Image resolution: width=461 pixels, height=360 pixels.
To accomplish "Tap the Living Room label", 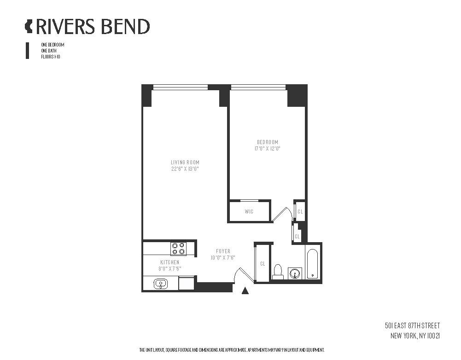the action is (185, 162).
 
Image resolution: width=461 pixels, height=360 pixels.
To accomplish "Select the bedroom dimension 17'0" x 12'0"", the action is (268, 148).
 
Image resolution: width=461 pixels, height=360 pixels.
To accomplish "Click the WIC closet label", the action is (249, 211).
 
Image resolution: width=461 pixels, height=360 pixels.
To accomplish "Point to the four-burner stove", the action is (179, 249).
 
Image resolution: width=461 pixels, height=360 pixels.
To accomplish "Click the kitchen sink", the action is (161, 284).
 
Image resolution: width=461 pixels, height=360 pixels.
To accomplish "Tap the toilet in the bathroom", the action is (278, 272).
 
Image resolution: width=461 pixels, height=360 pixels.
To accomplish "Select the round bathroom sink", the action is (295, 274).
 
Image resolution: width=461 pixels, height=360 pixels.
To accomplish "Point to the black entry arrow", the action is (245, 290).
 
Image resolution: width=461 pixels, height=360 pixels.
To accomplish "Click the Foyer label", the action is (223, 251).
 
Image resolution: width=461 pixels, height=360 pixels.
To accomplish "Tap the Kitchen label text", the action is (169, 262).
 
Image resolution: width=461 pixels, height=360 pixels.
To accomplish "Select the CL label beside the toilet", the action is (263, 264).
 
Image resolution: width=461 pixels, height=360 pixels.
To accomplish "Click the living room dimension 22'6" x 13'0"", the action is (185, 168).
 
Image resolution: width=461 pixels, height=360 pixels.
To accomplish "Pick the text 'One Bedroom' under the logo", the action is (53, 45).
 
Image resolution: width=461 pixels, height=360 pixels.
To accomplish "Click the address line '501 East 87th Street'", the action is (413, 325).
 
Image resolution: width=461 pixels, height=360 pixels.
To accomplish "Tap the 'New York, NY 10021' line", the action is (415, 336).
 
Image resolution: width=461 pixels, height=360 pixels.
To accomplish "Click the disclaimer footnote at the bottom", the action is (232, 350).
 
